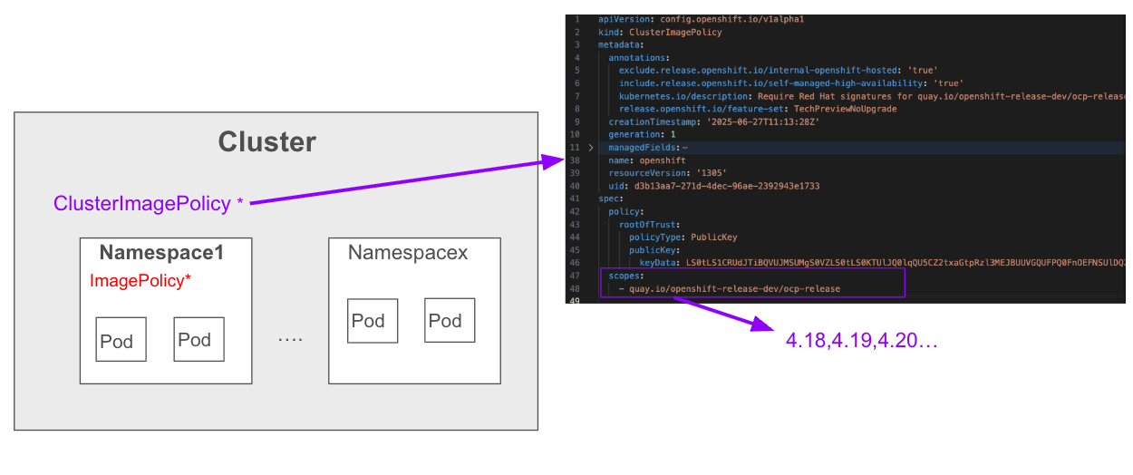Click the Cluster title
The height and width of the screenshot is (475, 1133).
266,142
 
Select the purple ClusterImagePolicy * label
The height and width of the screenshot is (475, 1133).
149,204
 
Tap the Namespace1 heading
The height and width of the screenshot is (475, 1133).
161,253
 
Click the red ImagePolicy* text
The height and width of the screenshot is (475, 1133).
140,281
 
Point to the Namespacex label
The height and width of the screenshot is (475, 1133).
408,253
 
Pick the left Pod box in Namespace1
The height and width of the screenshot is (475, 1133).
121,340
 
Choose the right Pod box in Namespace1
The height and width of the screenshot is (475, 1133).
199,339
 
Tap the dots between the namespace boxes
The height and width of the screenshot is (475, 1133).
289,340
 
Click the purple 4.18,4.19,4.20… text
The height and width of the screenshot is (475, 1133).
861,341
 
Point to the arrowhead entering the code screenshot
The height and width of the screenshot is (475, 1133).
556,161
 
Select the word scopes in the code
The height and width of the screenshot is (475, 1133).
625,276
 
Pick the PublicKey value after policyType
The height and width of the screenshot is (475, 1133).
714,237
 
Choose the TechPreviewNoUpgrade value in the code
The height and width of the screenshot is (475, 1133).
845,109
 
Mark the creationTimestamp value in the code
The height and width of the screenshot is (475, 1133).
776,121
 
